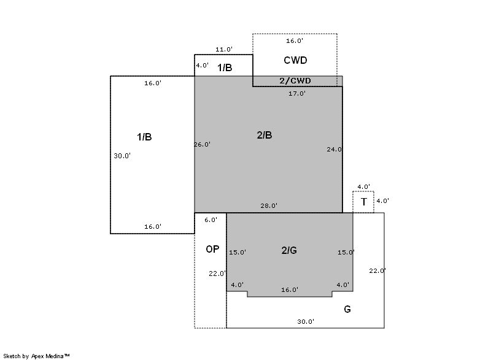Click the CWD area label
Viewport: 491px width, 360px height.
click(295, 60)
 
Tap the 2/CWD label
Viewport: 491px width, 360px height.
click(295, 81)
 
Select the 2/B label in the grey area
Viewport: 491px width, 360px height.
click(265, 135)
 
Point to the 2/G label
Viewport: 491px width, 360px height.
click(289, 251)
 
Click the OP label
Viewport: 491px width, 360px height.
click(212, 249)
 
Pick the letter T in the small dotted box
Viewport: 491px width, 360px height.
click(363, 202)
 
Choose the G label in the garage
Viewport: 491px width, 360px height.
click(347, 309)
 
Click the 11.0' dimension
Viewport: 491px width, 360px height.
click(224, 50)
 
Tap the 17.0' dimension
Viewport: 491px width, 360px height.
click(297, 93)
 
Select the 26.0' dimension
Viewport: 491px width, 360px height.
click(203, 145)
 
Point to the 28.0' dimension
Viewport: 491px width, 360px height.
click(269, 206)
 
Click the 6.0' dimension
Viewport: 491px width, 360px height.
click(211, 220)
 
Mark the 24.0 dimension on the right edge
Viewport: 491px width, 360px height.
click(334, 150)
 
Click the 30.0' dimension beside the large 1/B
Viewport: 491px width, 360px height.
click(122, 156)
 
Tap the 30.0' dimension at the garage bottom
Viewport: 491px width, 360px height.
click(306, 321)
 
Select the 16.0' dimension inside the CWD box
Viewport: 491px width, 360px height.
click(295, 41)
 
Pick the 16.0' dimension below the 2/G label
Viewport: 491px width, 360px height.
click(290, 290)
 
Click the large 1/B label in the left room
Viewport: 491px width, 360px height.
click(144, 137)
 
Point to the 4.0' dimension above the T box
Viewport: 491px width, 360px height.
click(363, 186)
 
